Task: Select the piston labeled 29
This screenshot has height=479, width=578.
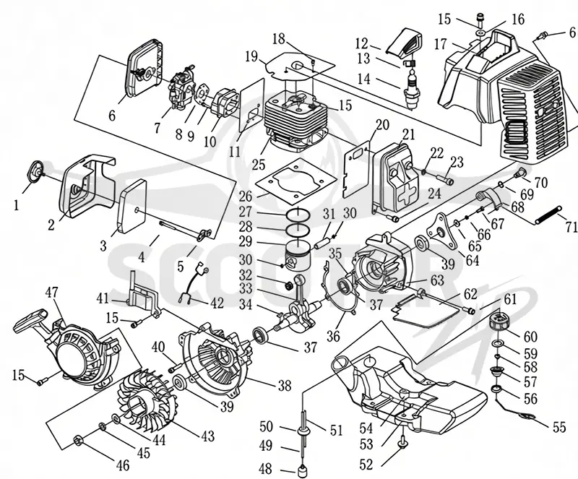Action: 298,254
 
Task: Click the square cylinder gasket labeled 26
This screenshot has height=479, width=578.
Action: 297,181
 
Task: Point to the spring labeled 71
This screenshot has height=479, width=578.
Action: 548,215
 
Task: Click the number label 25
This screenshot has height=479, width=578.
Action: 259,165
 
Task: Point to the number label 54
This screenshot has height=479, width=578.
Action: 367,428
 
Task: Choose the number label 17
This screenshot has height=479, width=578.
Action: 441,45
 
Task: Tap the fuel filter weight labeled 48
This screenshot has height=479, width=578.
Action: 303,471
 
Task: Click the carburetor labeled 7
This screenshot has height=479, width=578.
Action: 181,91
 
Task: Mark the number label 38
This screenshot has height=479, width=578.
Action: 284,386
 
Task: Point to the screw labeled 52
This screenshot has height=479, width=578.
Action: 403,441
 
